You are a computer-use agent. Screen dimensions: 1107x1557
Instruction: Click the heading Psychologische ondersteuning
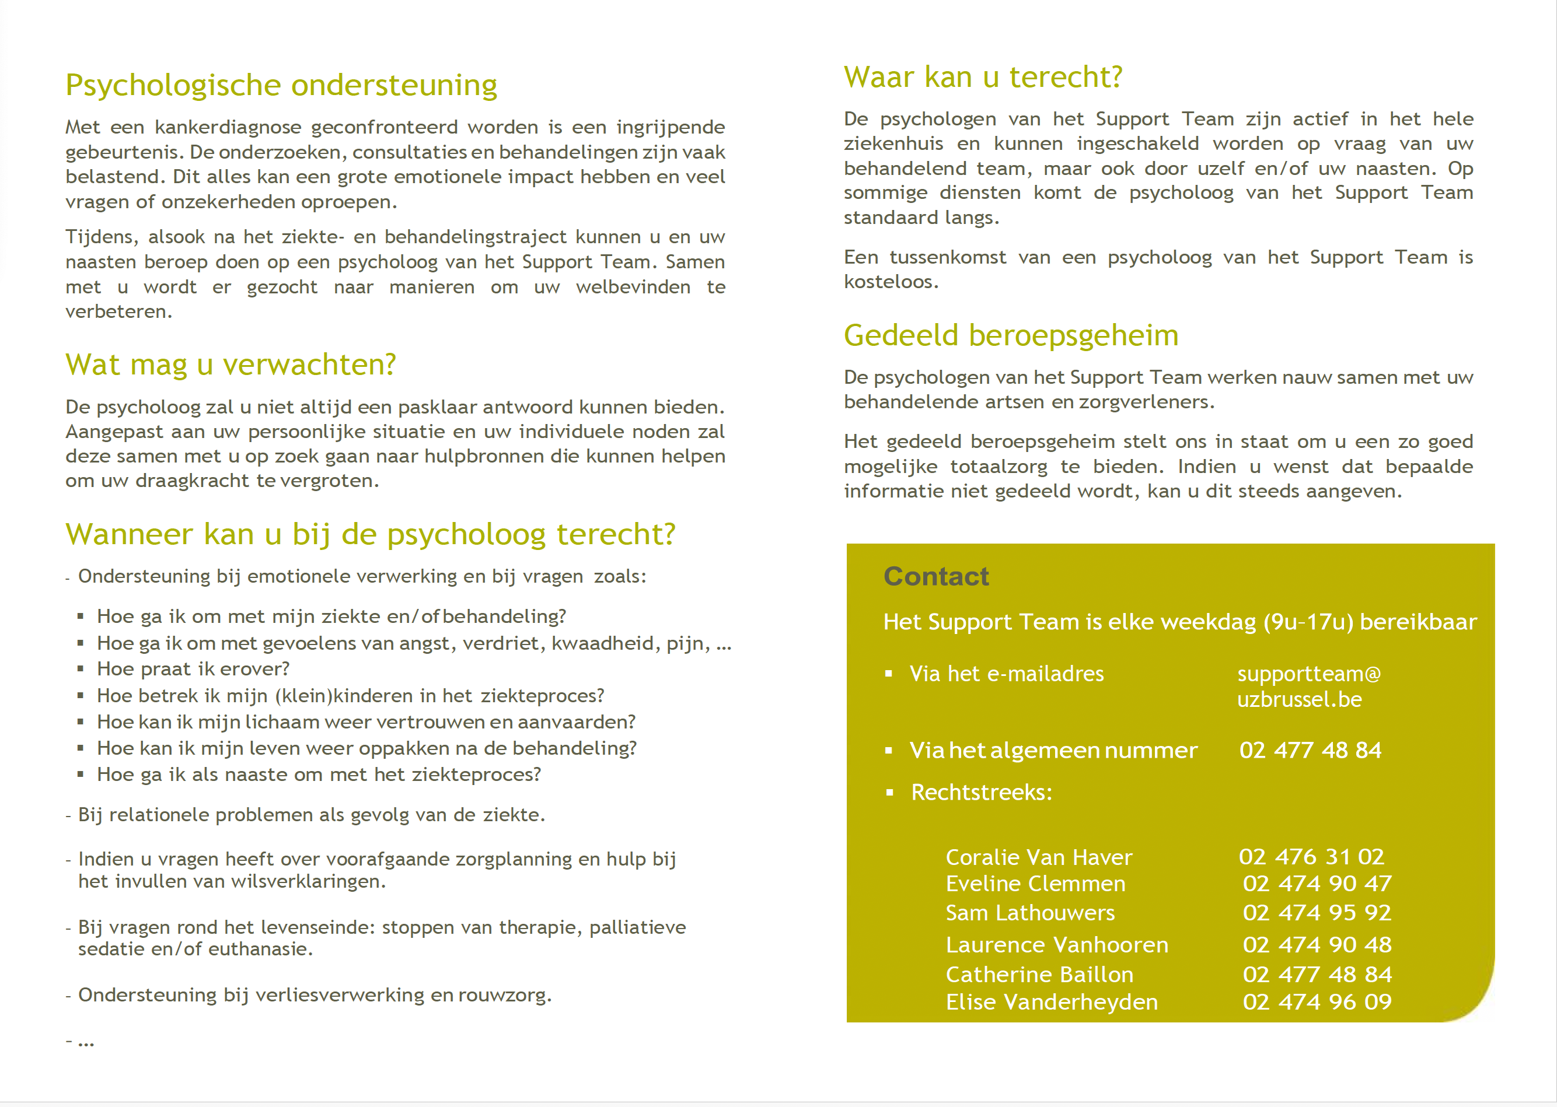tap(281, 86)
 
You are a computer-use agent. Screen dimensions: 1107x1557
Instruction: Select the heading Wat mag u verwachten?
tap(231, 365)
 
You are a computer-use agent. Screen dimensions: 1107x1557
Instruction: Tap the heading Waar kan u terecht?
tap(983, 77)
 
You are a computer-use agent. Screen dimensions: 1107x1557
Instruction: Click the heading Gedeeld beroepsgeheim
tap(1011, 335)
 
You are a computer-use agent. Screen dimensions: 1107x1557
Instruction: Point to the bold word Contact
tap(935, 577)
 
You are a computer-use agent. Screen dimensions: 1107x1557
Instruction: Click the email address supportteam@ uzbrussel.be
tap(1308, 686)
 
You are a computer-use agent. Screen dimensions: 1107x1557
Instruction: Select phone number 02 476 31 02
tap(1311, 857)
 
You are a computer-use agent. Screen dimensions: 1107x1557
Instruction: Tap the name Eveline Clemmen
tap(1035, 884)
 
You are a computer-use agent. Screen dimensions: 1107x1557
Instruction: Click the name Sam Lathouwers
tap(1030, 913)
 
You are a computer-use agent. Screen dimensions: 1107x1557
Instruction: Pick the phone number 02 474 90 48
tap(1316, 945)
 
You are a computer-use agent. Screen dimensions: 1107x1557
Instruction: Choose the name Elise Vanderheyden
tap(1052, 1002)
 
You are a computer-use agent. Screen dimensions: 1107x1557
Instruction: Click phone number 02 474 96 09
tap(1316, 1002)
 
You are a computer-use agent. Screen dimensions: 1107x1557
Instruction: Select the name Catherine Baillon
tap(1039, 975)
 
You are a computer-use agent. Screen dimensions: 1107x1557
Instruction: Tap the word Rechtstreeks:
tap(982, 793)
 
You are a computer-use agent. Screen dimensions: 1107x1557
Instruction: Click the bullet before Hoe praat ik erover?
tap(81, 670)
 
